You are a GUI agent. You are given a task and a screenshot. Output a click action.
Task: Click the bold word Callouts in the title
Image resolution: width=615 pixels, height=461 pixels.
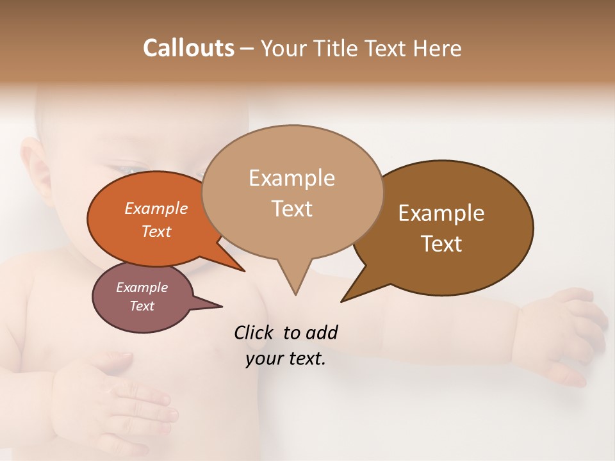pos(188,48)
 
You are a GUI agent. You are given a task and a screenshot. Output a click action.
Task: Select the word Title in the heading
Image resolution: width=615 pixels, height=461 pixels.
pos(337,48)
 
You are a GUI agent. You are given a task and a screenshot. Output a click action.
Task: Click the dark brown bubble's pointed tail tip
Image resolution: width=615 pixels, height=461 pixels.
pos(341,301)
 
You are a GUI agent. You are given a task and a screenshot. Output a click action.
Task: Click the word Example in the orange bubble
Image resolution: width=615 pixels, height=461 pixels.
pos(156,208)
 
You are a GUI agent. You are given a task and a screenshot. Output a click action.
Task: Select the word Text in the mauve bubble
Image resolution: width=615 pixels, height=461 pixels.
pos(142,306)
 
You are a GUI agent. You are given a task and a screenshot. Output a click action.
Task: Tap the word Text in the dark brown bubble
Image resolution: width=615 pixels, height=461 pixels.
pos(441,244)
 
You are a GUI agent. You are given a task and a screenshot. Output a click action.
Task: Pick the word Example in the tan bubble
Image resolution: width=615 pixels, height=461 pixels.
pos(291,178)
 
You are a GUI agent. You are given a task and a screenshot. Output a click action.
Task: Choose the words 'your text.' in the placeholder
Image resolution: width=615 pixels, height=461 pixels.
pos(286,359)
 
